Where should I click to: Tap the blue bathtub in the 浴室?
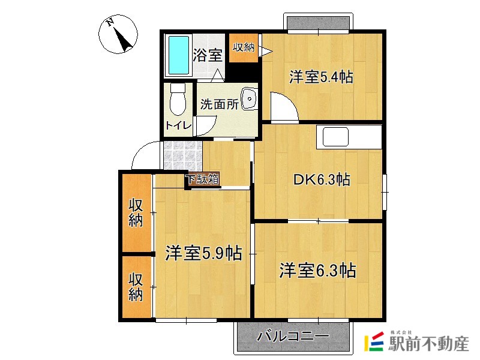tap(178, 56)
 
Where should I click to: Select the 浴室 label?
tap(208, 55)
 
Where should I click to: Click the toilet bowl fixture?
tap(178, 100)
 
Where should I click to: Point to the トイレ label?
tap(178, 125)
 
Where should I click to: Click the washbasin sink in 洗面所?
tap(248, 98)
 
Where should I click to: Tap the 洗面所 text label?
tap(219, 104)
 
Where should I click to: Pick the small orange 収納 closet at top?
tap(244, 48)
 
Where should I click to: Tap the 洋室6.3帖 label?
tap(317, 271)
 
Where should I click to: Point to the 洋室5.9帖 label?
tap(203, 253)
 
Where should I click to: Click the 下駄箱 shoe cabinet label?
tap(203, 179)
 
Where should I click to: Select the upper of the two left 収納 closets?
tap(137, 212)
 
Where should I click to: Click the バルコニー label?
tap(293, 336)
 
